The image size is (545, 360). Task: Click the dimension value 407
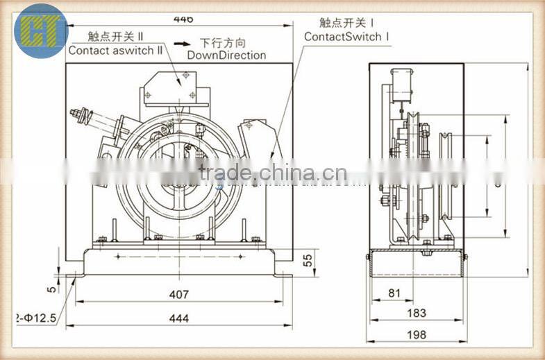pyautogui.click(x=179, y=294)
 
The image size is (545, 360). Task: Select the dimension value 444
pyautogui.click(x=179, y=318)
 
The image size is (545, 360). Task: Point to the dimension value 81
pyautogui.click(x=394, y=293)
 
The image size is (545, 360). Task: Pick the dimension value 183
pyautogui.click(x=417, y=313)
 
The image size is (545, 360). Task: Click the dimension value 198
pyautogui.click(x=417, y=334)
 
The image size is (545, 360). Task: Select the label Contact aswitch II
pyautogui.click(x=116, y=50)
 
